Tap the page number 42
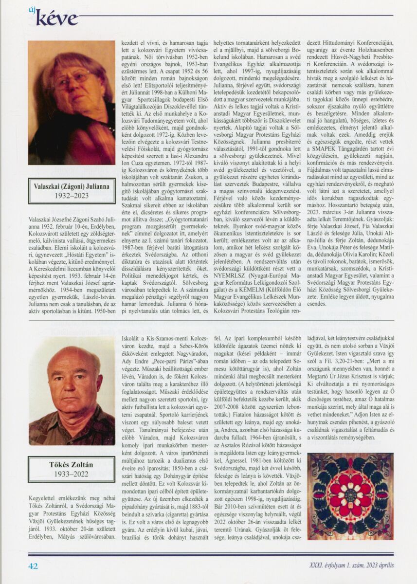click(33, 566)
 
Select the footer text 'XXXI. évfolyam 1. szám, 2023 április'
click(351, 565)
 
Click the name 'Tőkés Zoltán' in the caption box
click(72, 465)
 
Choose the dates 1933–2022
click(72, 474)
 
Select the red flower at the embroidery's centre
click(350, 495)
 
